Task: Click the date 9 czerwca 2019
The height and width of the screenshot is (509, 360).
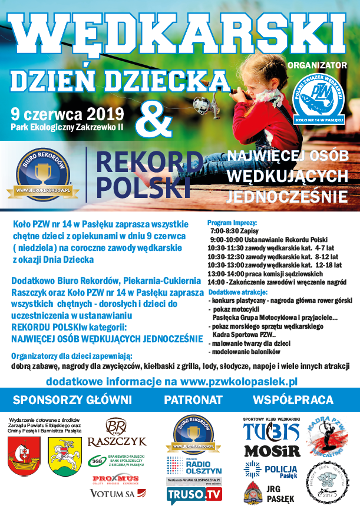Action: [67, 113]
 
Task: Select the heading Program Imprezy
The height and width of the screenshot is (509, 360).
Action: [233, 224]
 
